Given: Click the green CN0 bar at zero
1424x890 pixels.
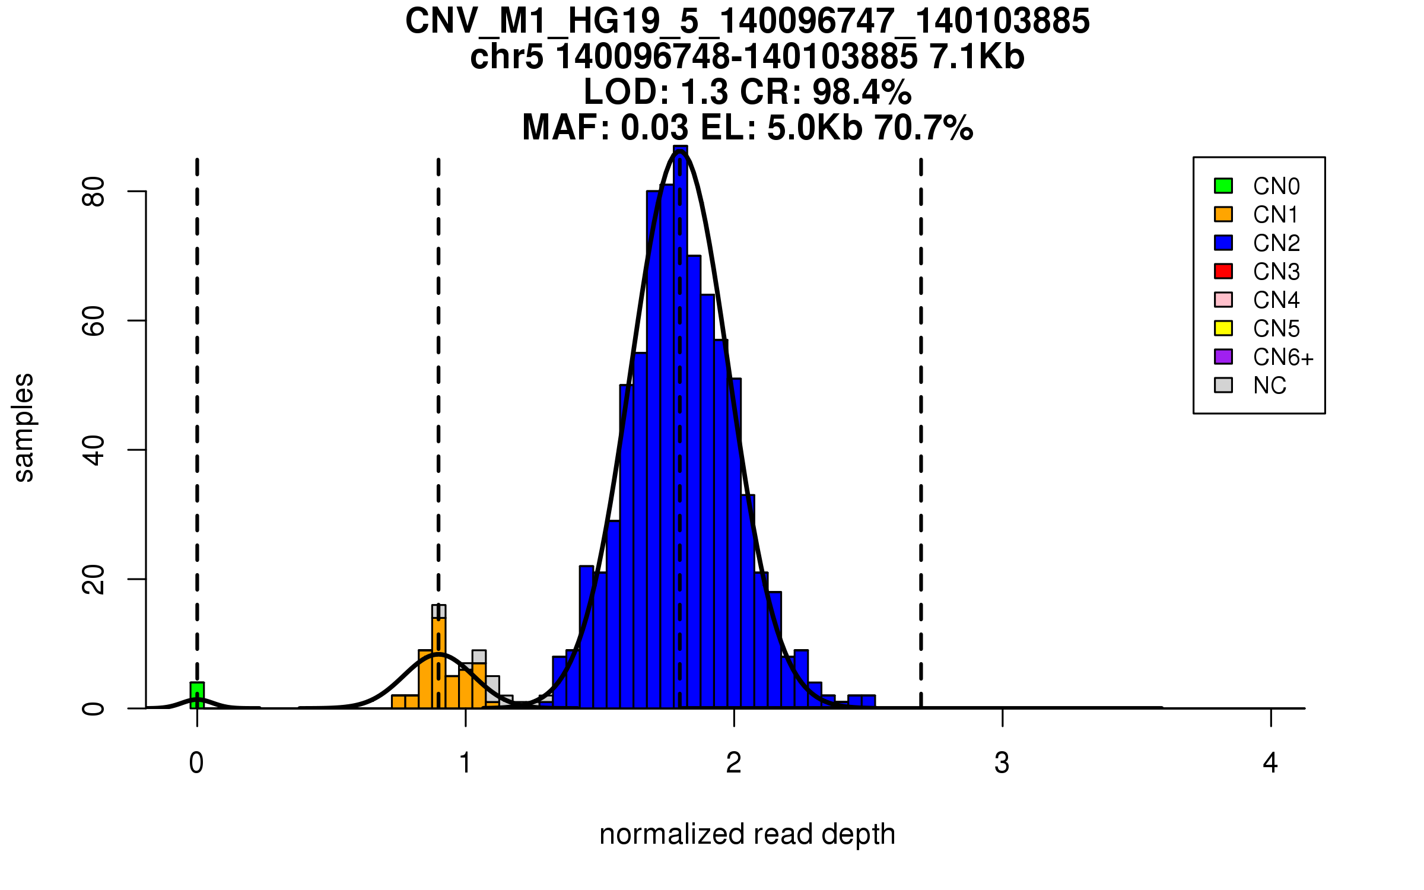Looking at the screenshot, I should pos(197,695).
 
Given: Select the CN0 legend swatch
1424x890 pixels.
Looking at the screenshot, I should pos(1223,186).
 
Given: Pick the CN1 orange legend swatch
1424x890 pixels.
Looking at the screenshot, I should pos(1223,214).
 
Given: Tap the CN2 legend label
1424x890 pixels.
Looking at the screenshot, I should pos(1276,243).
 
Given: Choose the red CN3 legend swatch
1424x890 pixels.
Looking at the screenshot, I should pos(1223,271).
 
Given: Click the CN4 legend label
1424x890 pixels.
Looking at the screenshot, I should pos(1276,300).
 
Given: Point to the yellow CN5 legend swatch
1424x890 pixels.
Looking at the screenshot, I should pos(1223,328).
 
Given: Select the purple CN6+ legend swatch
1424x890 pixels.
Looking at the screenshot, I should pos(1223,357).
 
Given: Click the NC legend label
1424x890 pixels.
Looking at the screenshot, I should pos(1270,386).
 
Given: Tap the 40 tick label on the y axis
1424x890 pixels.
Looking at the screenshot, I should pos(94,450).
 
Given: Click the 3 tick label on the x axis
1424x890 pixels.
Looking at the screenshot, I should pos(1002,763).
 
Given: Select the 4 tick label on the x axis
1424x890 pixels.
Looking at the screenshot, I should pos(1270,763).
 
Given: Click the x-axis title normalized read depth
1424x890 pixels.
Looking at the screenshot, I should pos(747,834).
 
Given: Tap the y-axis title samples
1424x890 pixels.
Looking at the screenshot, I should pos(24,428).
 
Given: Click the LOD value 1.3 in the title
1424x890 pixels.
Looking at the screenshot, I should pos(704,92).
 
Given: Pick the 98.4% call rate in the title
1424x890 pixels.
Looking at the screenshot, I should pos(862,92).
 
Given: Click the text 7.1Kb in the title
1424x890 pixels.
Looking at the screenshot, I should pos(977,57).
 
